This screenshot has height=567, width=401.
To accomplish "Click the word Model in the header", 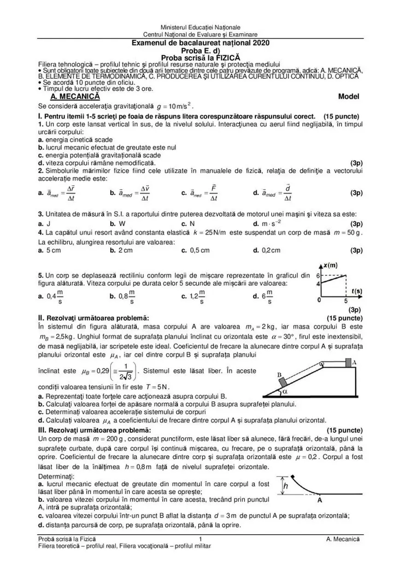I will pos(348,97).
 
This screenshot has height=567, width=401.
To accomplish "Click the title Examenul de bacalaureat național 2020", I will pos(200,43).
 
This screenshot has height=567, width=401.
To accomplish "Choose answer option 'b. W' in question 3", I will pos(115,224).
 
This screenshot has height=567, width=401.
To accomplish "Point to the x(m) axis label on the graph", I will pos(330,265).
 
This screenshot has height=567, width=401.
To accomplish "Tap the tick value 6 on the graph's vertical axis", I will pos(317,275).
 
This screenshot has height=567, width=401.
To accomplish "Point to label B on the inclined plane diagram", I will pos(279,376).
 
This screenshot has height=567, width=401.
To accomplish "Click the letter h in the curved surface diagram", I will pos(285,486).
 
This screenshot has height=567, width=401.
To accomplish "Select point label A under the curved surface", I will pos(319,500).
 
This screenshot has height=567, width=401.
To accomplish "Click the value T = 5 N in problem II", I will pos(163,387).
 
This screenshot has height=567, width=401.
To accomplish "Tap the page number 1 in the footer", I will pos(200,539).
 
